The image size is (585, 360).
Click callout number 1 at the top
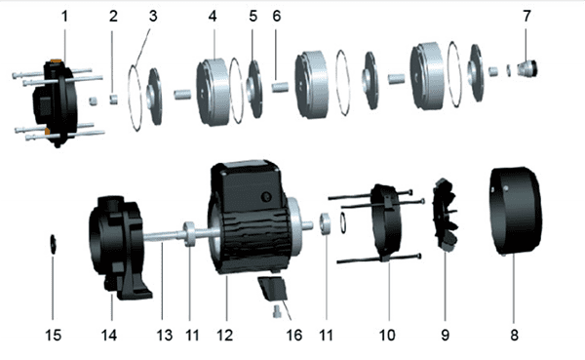click(x=65, y=16)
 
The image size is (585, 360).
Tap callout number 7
click(x=526, y=16)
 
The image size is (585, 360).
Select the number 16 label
click(x=294, y=335)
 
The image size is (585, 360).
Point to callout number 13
click(x=164, y=335)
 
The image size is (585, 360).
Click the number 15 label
click(x=53, y=335)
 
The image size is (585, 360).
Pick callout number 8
click(x=514, y=335)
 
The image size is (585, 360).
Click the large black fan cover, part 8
click(x=515, y=211)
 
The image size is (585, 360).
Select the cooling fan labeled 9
click(x=446, y=215)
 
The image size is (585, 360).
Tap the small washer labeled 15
click(x=53, y=244)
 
